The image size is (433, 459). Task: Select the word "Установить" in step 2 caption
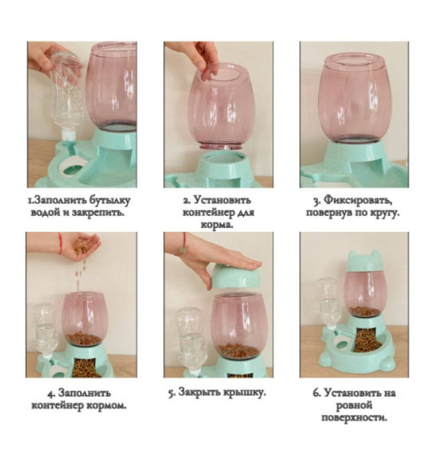pyautogui.click(x=223, y=200)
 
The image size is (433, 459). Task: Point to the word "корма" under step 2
pyautogui.click(x=217, y=225)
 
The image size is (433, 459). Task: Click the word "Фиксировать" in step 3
pyautogui.click(x=358, y=201)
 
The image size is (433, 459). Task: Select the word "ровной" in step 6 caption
pyautogui.click(x=354, y=406)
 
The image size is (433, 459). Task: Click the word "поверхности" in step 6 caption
pyautogui.click(x=354, y=417)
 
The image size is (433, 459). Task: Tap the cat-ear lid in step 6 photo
pyautogui.click(x=364, y=262)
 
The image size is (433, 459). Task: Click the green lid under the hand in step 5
pyautogui.click(x=236, y=277)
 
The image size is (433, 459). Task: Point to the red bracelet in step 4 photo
pyautogui.click(x=60, y=244)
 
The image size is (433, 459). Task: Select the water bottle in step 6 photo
pyautogui.click(x=329, y=302)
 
